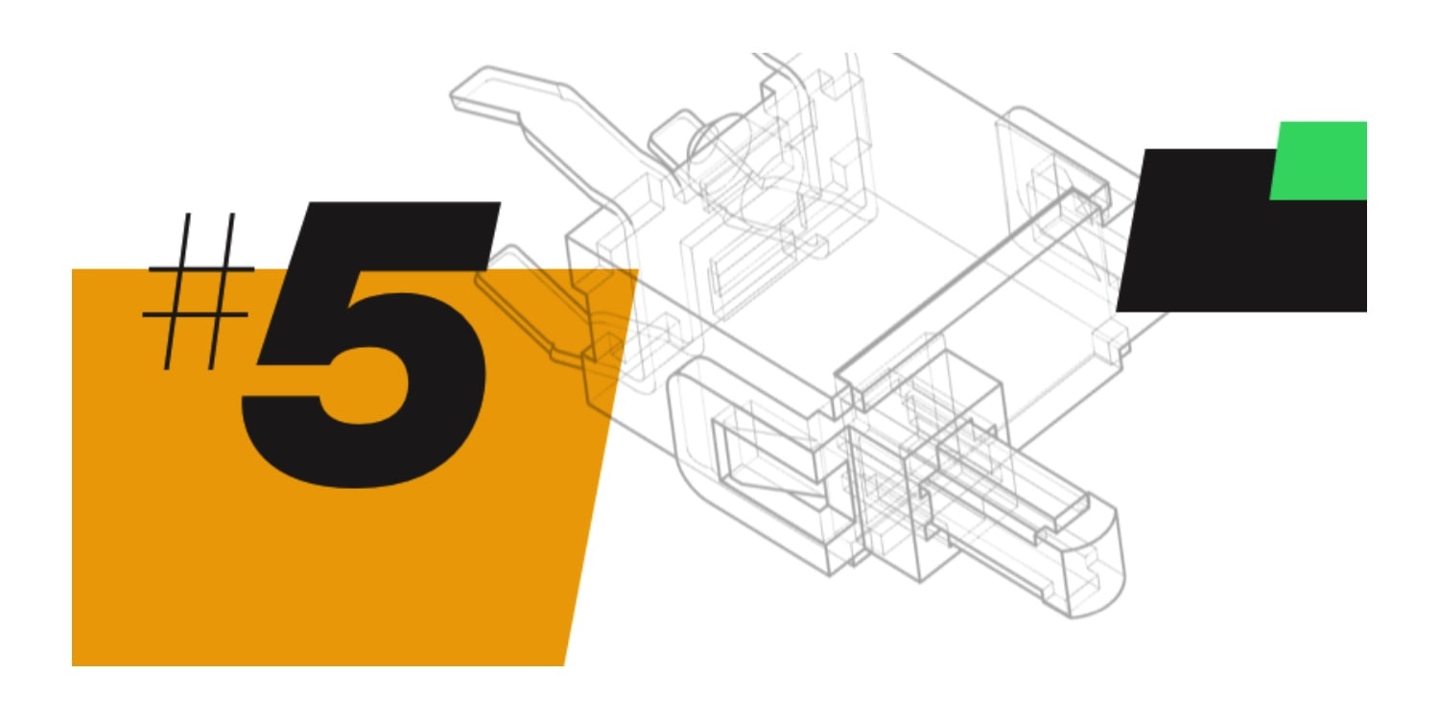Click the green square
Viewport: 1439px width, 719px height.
point(1319,160)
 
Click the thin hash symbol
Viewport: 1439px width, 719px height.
point(198,291)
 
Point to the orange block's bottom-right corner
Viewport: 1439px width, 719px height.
point(564,665)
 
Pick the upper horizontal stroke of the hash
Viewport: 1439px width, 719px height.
point(201,269)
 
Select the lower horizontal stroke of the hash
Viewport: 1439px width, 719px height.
point(196,314)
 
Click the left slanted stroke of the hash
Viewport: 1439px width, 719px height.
point(177,291)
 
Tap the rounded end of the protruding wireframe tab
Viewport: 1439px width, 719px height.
point(1092,565)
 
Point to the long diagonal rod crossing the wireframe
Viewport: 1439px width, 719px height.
point(954,283)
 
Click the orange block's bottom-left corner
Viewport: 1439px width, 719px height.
point(72,665)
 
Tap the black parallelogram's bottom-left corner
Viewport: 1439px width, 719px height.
point(1117,312)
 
